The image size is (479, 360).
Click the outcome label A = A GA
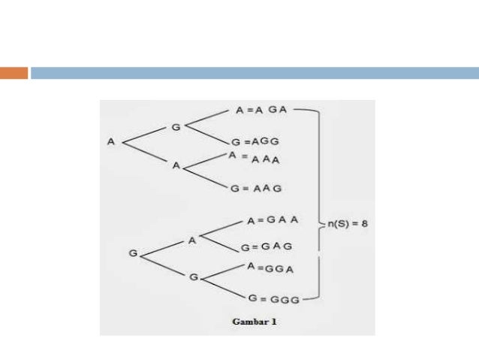[262, 110]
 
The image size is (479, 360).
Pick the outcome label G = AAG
[257, 188]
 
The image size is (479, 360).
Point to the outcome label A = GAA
[273, 221]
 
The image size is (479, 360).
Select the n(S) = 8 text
[347, 223]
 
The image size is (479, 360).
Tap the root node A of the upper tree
[111, 141]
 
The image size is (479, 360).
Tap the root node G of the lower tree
[133, 254]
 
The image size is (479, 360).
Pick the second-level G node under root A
[176, 127]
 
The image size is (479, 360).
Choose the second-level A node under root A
[176, 165]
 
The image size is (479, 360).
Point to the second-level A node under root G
[191, 240]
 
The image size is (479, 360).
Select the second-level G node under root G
[193, 277]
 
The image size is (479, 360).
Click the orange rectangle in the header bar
[14, 73]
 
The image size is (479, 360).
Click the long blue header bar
[255, 73]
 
